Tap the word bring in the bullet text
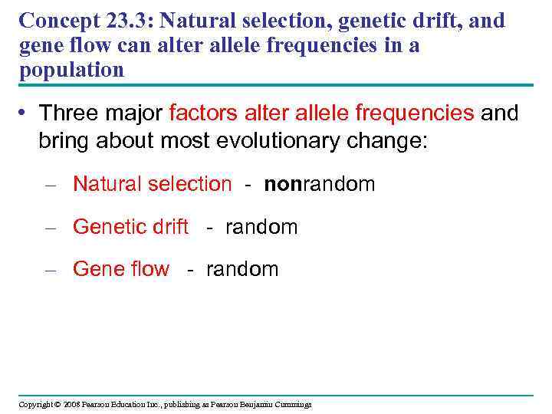pyautogui.click(x=64, y=143)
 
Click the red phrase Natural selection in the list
pyautogui.click(x=152, y=184)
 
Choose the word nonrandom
pyautogui.click(x=320, y=184)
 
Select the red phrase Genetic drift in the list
pyautogui.click(x=130, y=227)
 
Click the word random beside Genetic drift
pyautogui.click(x=261, y=227)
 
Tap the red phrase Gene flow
pyautogui.click(x=121, y=269)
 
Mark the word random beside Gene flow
pyautogui.click(x=242, y=269)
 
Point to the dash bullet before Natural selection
pyautogui.click(x=51, y=185)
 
